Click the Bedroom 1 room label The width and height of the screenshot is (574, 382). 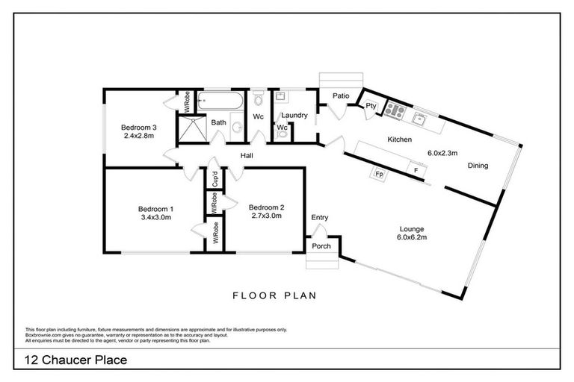click(155, 209)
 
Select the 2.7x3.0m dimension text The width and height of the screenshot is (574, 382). click(266, 217)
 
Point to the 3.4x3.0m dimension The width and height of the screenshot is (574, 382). click(155, 218)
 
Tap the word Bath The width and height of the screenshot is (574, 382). click(218, 122)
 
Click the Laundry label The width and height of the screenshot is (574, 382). click(294, 115)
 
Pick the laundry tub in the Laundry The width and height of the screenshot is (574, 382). click(282, 98)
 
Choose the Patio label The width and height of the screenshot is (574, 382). click(341, 95)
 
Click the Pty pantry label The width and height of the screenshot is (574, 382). click(371, 107)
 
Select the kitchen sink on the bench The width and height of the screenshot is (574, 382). click(420, 117)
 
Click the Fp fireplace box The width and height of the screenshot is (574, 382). click(379, 175)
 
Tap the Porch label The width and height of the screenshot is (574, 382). click(321, 246)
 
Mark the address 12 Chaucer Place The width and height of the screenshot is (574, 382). click(75, 361)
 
